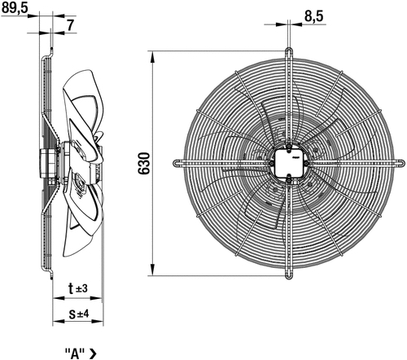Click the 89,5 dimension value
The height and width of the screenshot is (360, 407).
point(15,8)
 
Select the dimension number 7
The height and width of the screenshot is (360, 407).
point(70,25)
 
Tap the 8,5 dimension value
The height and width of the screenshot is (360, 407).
point(314,16)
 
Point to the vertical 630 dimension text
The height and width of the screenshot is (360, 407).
point(143,164)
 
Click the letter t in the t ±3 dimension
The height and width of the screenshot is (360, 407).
point(71,288)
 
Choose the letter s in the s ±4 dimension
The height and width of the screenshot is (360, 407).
point(72,314)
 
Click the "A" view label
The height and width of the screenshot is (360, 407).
point(75,353)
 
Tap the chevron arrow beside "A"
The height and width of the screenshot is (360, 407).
point(93,353)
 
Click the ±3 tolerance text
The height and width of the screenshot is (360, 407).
point(81,288)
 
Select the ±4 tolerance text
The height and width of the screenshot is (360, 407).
point(83,314)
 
